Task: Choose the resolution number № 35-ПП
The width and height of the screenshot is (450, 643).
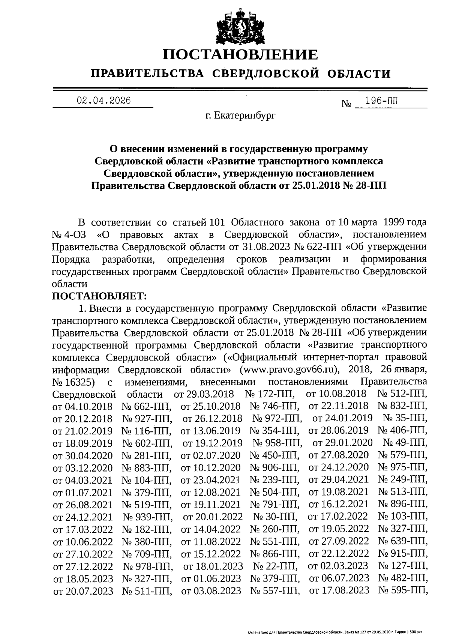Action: tap(405, 418)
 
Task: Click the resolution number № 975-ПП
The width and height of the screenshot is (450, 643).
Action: tap(402, 467)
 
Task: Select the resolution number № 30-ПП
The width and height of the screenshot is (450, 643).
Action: tap(275, 517)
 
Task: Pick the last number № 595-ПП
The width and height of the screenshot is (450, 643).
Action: tap(403, 590)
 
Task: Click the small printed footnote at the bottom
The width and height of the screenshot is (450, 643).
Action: tap(336, 632)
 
